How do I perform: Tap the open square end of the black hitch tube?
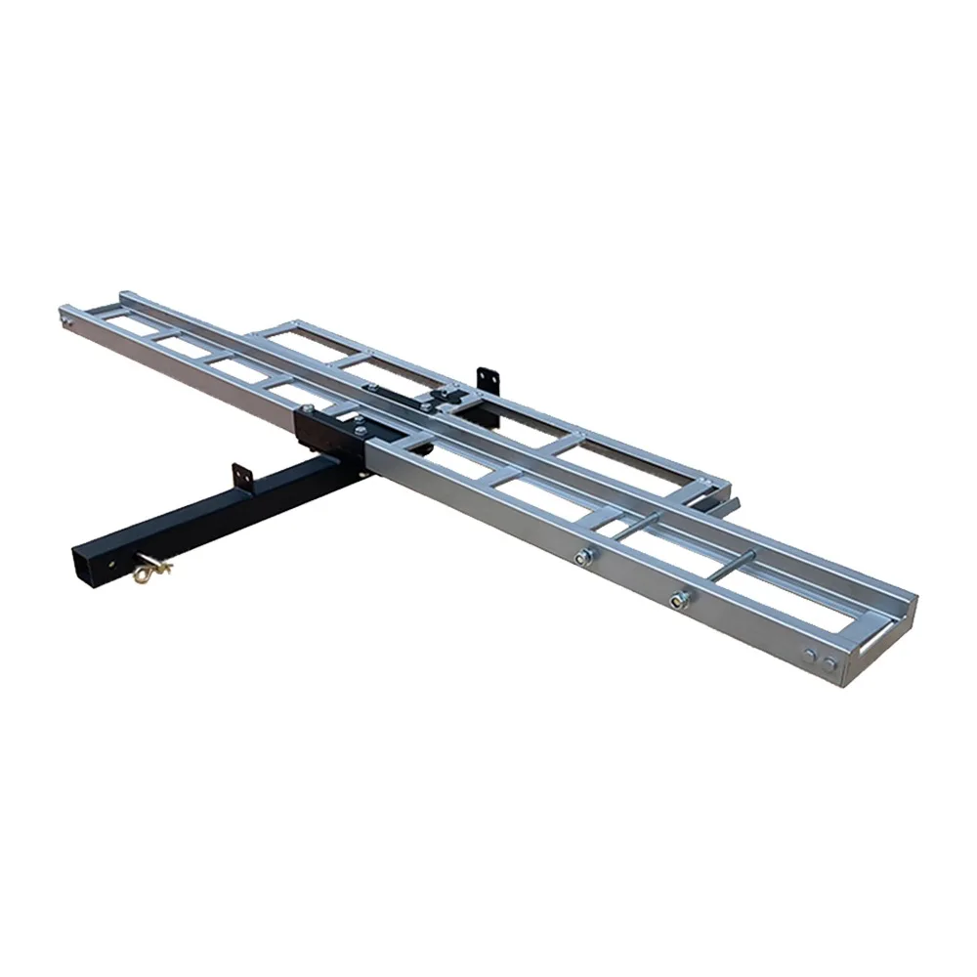pos(88,563)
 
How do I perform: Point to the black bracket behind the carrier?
pos(488,379)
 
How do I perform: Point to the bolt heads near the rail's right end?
pos(819,658)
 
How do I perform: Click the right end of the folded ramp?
pos(718,486)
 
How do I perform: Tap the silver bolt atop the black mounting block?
pos(359,421)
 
